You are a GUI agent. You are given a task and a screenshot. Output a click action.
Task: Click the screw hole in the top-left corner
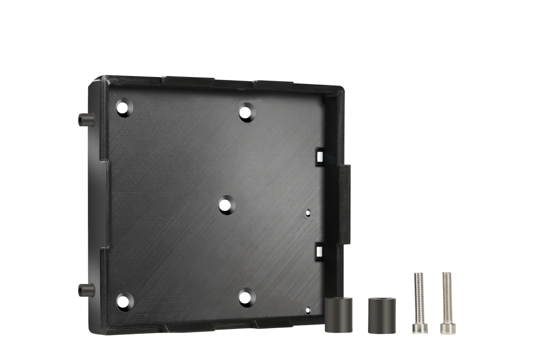point(121,107)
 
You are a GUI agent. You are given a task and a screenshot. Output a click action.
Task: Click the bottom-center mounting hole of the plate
point(245,298)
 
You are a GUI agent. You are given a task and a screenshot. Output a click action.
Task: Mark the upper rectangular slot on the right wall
point(319,156)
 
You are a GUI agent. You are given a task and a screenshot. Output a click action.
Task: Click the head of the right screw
point(446,328)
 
